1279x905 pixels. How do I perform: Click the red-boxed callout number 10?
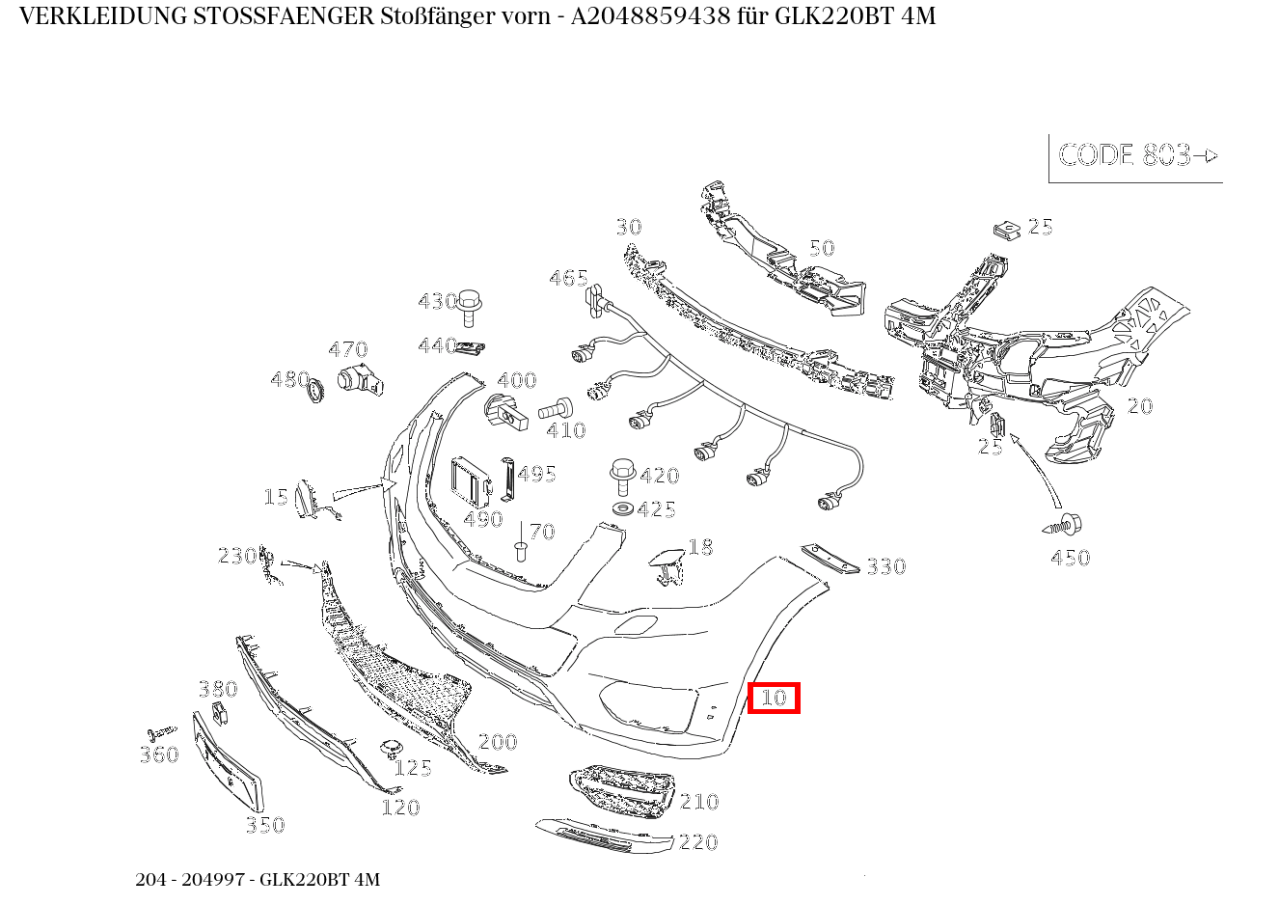point(775,698)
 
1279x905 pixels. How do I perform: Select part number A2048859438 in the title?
point(650,16)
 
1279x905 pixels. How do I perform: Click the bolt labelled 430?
point(468,308)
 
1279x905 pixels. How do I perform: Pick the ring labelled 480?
point(314,391)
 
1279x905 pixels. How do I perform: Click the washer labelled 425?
point(622,507)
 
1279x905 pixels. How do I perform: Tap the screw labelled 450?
point(1061,525)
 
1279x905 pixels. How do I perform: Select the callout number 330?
point(886,566)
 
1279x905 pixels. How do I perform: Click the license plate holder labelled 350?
point(228,761)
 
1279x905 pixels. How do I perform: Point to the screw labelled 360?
point(162,731)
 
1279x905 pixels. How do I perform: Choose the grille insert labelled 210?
point(622,791)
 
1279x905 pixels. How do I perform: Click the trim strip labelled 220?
point(604,836)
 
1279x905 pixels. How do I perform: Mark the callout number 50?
point(822,248)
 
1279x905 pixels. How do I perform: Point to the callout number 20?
point(1140,406)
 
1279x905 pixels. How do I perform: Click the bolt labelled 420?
point(623,477)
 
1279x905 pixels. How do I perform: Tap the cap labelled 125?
point(391,748)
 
